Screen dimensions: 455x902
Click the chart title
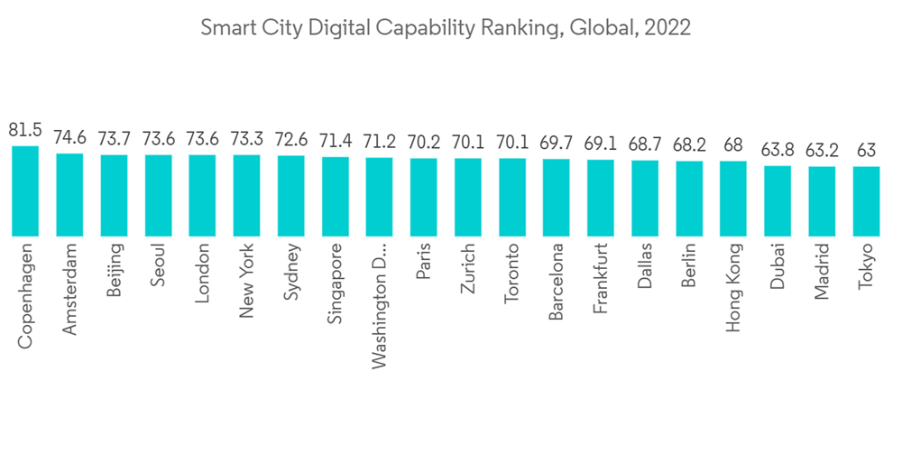tap(446, 28)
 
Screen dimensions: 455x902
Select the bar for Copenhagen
tap(25, 190)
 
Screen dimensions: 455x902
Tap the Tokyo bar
tap(866, 200)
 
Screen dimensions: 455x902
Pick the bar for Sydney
tap(290, 195)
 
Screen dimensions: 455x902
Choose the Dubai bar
tap(778, 200)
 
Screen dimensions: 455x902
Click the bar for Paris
tap(423, 197)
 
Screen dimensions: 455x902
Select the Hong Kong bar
tap(733, 198)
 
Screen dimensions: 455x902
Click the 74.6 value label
tap(69, 138)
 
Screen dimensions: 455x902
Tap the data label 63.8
tap(778, 151)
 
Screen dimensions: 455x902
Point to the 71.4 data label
tap(335, 142)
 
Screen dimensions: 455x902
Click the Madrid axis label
tap(821, 269)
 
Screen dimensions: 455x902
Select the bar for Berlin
tap(689, 198)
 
